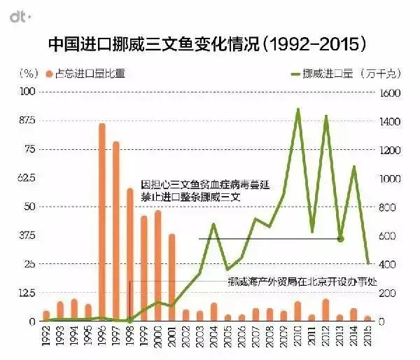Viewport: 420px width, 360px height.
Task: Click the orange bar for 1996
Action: (x=101, y=223)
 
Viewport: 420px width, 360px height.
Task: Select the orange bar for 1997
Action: (x=115, y=232)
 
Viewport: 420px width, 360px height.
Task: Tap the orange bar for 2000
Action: (x=157, y=266)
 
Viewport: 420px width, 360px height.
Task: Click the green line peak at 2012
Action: (x=326, y=116)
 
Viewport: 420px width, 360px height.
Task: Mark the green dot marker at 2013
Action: (x=340, y=239)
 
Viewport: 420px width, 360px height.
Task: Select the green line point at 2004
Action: (x=213, y=224)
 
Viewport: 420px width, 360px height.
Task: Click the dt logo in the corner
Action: (x=17, y=13)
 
